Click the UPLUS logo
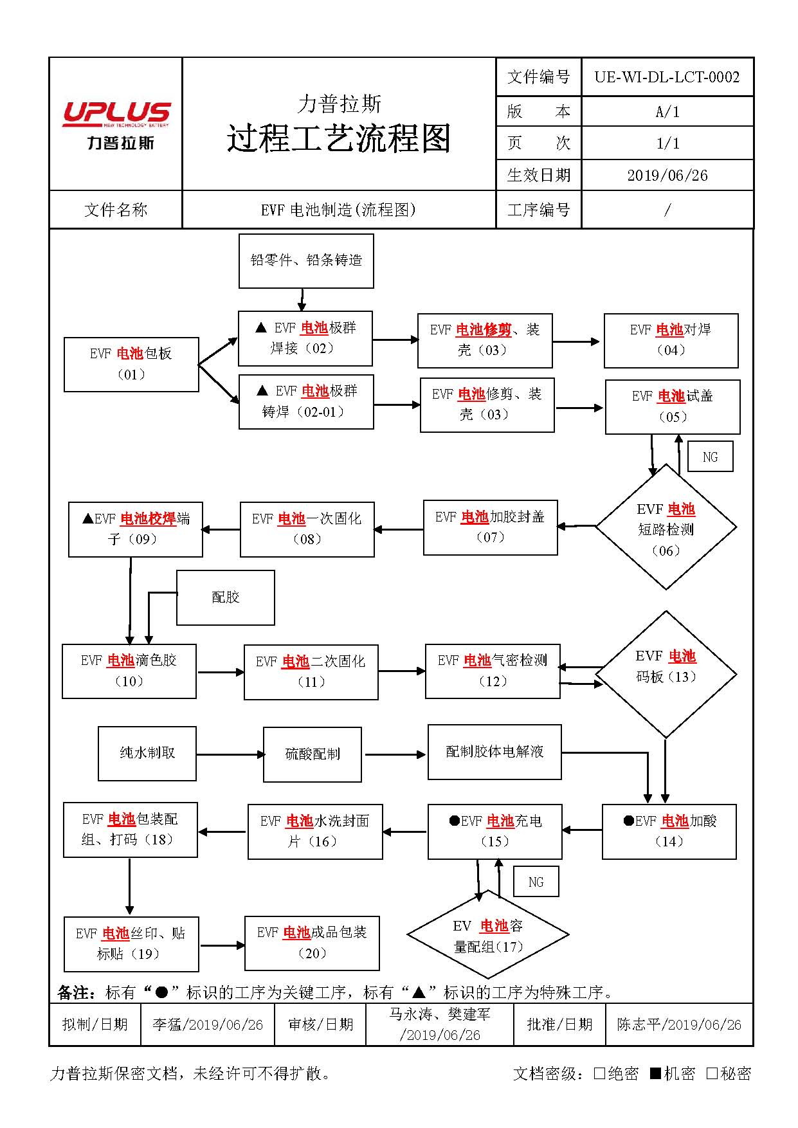click(x=116, y=124)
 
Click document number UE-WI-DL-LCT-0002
click(x=667, y=77)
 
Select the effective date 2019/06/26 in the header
click(x=667, y=176)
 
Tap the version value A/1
click(x=667, y=112)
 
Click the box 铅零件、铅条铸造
click(x=306, y=260)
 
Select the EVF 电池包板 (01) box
click(x=131, y=364)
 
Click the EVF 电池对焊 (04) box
click(x=671, y=340)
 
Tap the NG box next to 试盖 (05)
click(x=710, y=457)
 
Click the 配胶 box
click(x=225, y=597)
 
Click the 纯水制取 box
click(x=147, y=753)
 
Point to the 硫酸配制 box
click(x=313, y=754)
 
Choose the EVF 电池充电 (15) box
click(x=494, y=831)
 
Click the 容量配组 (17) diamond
click(x=487, y=936)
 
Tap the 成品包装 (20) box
click(x=312, y=943)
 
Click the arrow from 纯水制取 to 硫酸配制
click(x=230, y=754)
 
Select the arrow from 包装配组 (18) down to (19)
click(x=129, y=886)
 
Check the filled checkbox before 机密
click(x=655, y=1073)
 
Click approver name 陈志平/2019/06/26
click(x=678, y=1024)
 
